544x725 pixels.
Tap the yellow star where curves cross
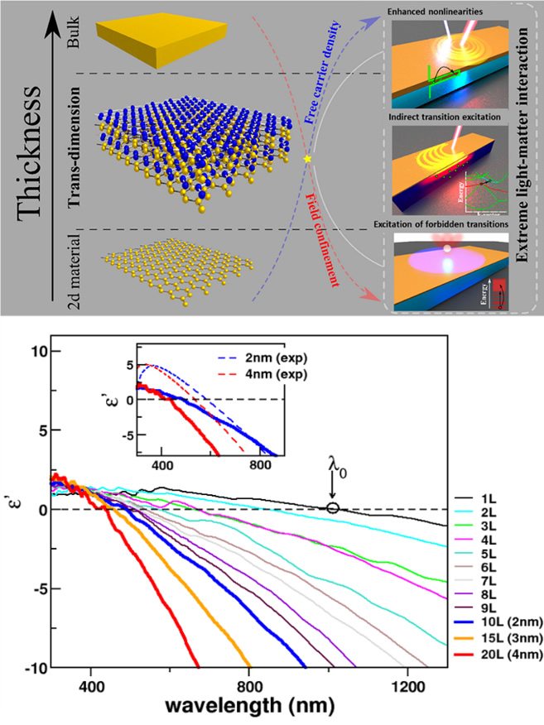click(x=307, y=158)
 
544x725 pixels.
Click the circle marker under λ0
click(x=333, y=507)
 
